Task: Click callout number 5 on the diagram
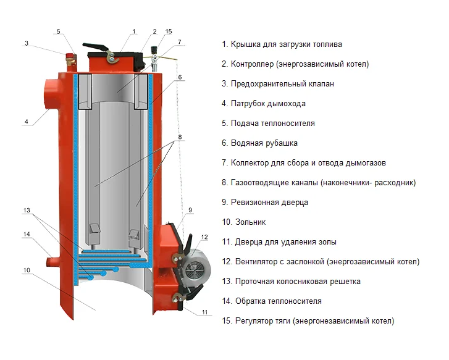59,31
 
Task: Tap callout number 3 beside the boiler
27,43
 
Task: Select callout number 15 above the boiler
169,31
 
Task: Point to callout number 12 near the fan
205,237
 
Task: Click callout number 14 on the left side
27,234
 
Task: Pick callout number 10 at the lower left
27,270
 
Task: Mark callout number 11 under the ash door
204,312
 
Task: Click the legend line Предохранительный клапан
282,84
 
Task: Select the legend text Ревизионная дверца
269,203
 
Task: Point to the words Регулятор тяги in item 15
263,321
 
